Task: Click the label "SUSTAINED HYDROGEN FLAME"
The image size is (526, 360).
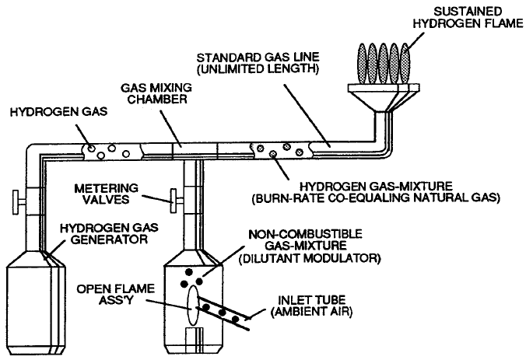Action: pyautogui.click(x=468, y=18)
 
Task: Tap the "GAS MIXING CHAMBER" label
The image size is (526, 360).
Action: pyautogui.click(x=156, y=93)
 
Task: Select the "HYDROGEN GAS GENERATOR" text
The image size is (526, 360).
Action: pyautogui.click(x=109, y=233)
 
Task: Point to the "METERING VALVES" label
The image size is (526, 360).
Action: pyautogui.click(x=106, y=194)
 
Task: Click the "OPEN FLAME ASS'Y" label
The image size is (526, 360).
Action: pyautogui.click(x=116, y=294)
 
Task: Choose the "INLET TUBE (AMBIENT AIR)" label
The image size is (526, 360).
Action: pyautogui.click(x=311, y=306)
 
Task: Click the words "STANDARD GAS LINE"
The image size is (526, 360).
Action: pyautogui.click(x=258, y=58)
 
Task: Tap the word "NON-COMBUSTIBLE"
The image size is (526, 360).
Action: pyautogui.click(x=306, y=234)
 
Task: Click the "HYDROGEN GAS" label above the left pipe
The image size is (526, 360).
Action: pyautogui.click(x=59, y=112)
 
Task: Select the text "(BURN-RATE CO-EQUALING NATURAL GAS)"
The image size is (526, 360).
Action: pyautogui.click(x=376, y=197)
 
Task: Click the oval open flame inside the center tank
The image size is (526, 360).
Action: pyautogui.click(x=192, y=305)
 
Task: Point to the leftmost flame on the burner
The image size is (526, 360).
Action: pyautogui.click(x=362, y=64)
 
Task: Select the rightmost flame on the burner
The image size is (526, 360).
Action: pyautogui.click(x=405, y=64)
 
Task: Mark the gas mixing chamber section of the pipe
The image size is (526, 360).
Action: pyautogui.click(x=195, y=151)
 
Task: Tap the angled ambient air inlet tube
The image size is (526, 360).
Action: pyautogui.click(x=223, y=314)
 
